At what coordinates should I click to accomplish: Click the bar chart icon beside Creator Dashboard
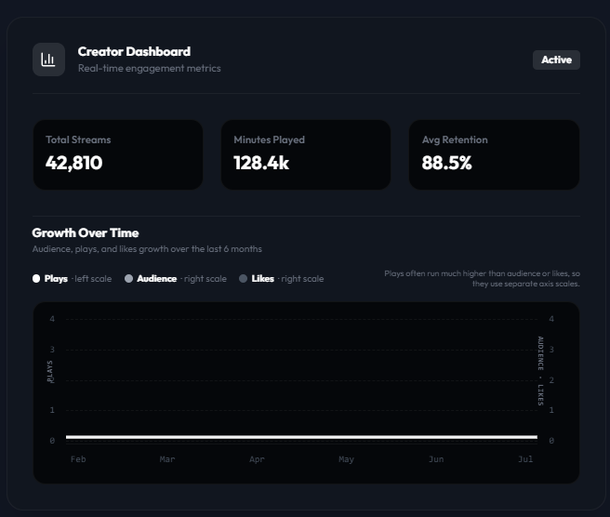(48, 60)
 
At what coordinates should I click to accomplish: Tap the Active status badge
(556, 60)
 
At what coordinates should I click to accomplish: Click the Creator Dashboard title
(134, 51)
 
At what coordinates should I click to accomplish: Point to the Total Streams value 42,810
(73, 163)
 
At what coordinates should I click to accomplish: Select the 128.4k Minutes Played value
(261, 163)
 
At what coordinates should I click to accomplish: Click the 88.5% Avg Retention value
(446, 163)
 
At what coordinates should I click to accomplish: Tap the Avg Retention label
(455, 139)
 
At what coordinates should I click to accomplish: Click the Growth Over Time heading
(86, 232)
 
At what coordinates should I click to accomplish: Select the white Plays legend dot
(36, 279)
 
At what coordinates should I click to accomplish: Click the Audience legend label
(157, 279)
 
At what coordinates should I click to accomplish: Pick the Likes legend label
(263, 279)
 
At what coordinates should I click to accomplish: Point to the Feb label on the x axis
(78, 459)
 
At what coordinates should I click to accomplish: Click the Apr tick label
(257, 459)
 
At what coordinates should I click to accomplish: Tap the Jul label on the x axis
(525, 459)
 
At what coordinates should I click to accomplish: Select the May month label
(346, 459)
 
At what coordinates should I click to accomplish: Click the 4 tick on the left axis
(52, 319)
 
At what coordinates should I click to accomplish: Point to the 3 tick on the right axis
(551, 350)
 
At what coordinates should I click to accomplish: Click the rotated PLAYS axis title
(50, 372)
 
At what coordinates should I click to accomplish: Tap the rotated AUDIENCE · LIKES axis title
(540, 371)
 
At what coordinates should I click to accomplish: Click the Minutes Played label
(270, 139)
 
